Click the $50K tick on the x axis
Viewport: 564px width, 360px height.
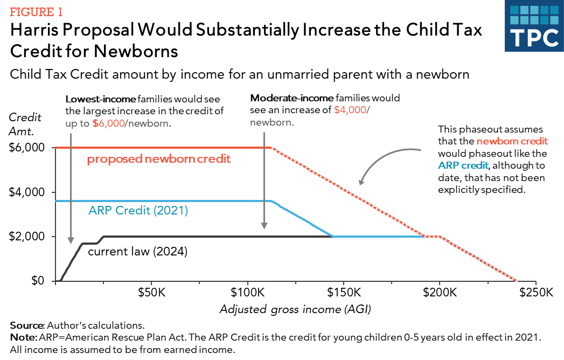point(151,293)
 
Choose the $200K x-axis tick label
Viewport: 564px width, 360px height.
point(440,293)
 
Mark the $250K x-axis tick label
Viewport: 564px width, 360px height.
point(535,293)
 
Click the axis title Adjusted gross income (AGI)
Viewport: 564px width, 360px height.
point(296,309)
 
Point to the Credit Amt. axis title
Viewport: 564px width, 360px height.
point(25,123)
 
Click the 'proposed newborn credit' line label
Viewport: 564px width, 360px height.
point(159,159)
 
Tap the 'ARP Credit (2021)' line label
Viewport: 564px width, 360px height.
point(138,211)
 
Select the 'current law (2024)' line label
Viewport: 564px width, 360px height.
point(137,252)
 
